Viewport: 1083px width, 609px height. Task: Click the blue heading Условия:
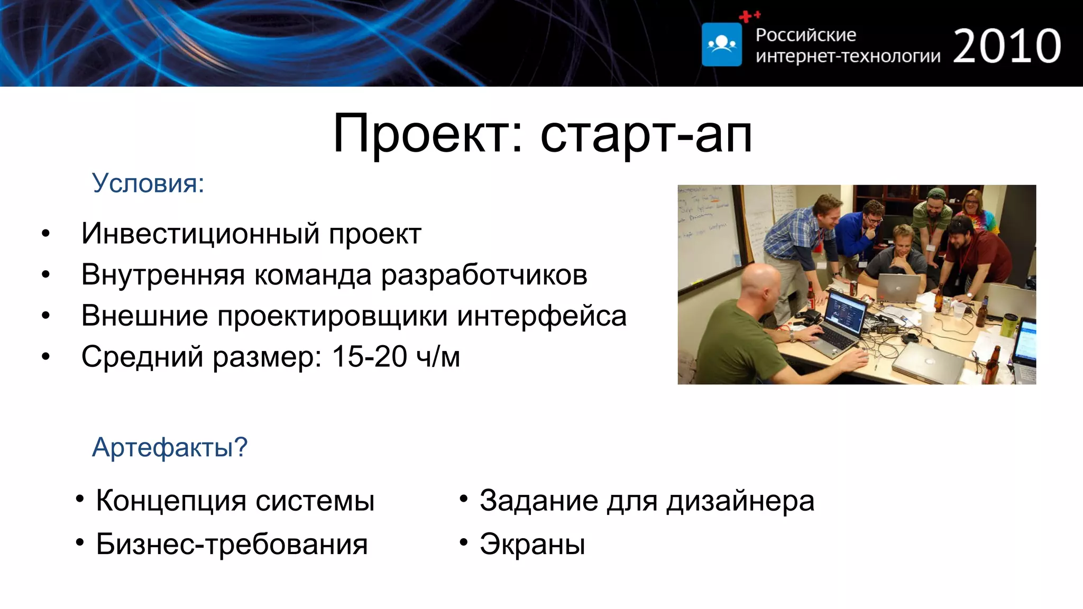[x=148, y=183]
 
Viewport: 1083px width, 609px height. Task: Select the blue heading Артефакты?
[x=170, y=447]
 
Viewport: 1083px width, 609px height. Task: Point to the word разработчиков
[x=484, y=275]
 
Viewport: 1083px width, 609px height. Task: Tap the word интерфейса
[x=541, y=316]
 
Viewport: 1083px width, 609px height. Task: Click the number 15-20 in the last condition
[x=369, y=357]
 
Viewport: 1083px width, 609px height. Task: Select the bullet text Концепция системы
[x=235, y=501]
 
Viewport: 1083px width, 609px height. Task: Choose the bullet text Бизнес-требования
[x=232, y=544]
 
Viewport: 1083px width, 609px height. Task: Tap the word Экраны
[x=532, y=544]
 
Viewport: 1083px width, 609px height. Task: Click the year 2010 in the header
[x=1007, y=47]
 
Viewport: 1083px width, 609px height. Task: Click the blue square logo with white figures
[x=721, y=44]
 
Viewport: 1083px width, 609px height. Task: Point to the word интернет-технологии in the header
[x=848, y=56]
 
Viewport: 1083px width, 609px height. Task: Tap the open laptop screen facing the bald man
[x=845, y=312]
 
